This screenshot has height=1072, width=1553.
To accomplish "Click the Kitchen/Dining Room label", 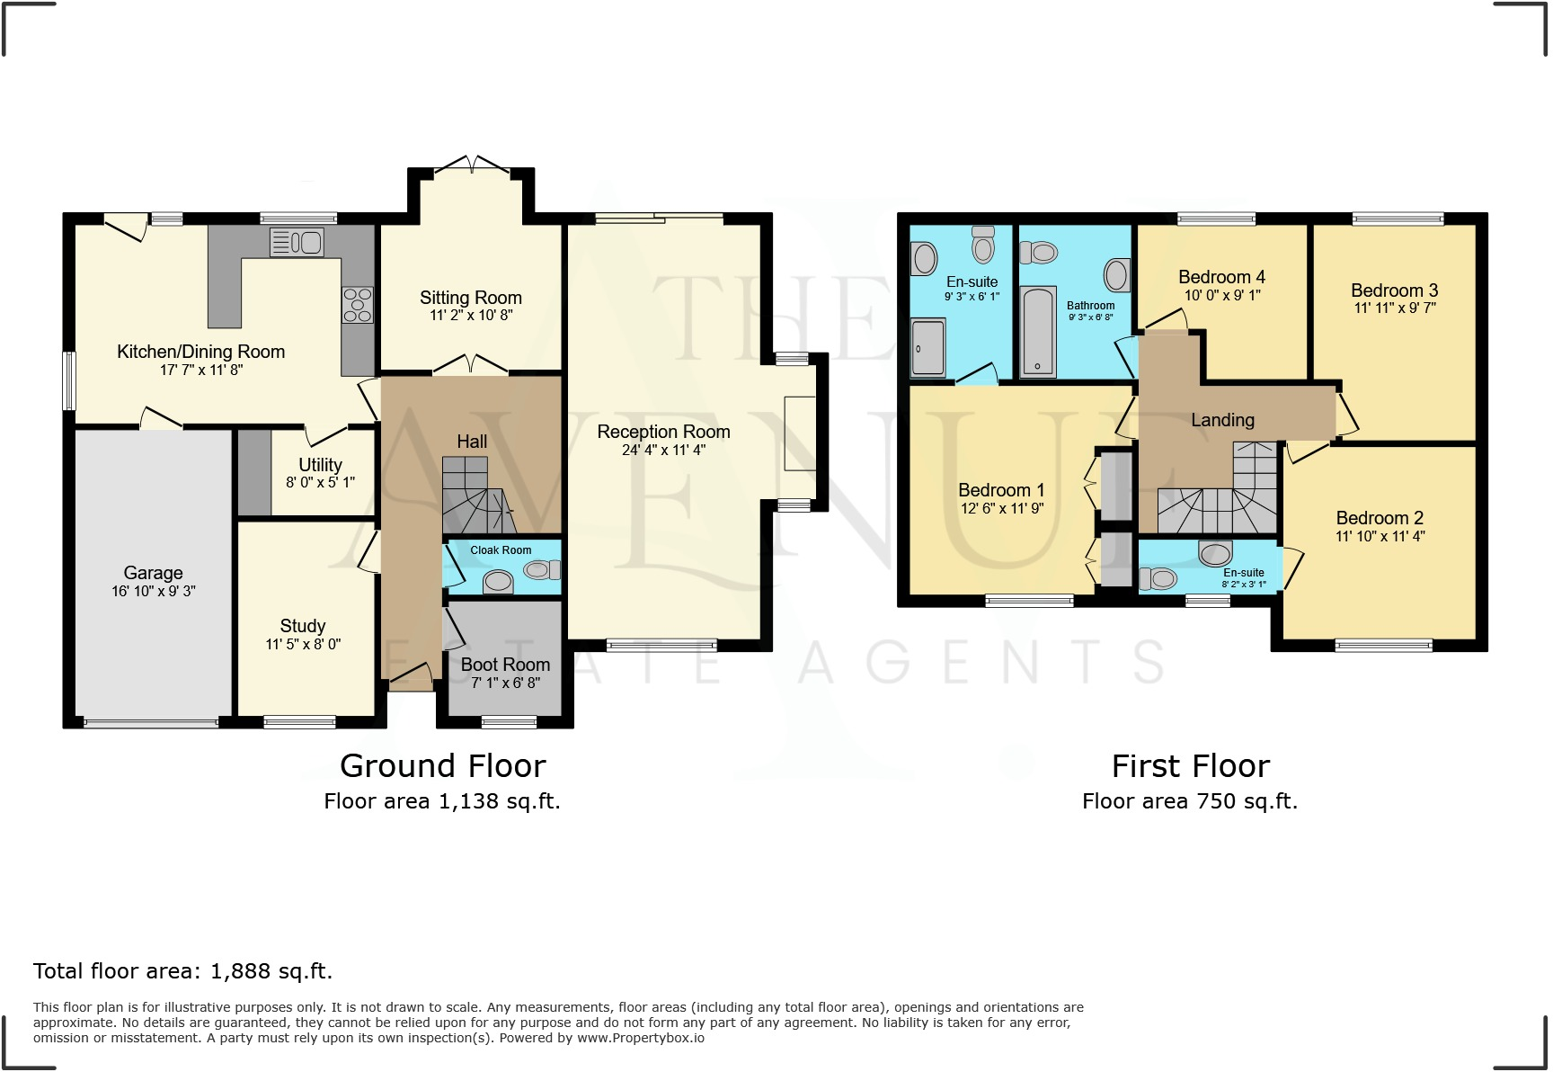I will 200,352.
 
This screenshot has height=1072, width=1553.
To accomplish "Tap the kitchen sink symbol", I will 297,242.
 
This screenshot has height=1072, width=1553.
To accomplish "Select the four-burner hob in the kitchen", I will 357,304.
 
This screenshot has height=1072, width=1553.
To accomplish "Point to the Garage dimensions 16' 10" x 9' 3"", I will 153,591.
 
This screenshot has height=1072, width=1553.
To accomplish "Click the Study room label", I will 302,626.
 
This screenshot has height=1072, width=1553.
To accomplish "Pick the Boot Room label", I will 505,665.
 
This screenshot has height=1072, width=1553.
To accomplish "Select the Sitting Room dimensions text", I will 471,316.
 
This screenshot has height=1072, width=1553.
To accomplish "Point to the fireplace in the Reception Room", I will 799,433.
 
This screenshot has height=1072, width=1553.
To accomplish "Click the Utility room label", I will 320,465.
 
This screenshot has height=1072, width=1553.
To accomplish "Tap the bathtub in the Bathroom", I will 1038,332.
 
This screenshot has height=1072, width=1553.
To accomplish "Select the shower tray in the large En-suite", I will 927,347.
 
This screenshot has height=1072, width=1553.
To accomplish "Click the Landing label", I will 1222,420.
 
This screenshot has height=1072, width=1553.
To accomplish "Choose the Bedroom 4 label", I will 1221,277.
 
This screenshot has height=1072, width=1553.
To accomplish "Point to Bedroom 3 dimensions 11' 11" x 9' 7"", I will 1394,308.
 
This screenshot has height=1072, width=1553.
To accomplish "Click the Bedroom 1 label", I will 1001,490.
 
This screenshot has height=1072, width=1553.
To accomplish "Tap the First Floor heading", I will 1190,766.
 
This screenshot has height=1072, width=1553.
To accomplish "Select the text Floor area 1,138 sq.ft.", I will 442,801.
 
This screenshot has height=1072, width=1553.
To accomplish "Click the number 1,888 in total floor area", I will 240,971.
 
